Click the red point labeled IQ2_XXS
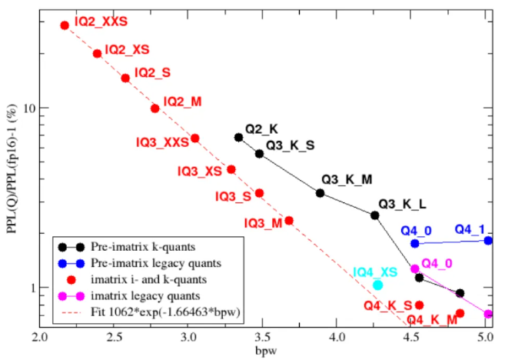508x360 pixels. [65, 25]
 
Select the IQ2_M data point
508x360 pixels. [155, 108]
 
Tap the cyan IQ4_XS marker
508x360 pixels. [377, 285]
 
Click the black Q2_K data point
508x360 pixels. [239, 138]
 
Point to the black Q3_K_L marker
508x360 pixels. [375, 215]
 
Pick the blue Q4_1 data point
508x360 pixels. [488, 240]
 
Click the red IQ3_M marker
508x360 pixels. [289, 221]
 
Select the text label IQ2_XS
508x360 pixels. [127, 49]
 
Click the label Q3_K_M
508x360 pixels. [347, 179]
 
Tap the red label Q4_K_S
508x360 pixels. [388, 306]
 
